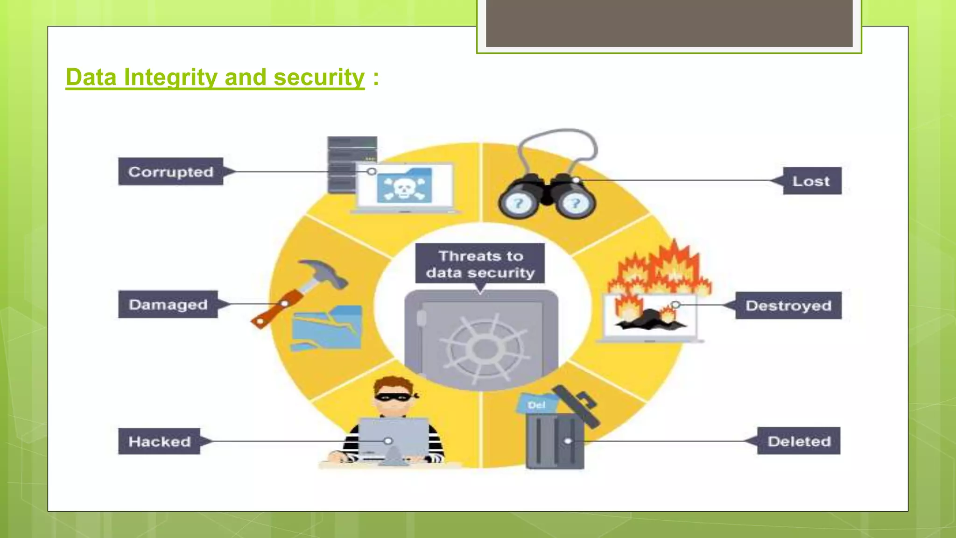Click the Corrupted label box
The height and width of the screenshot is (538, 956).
click(x=170, y=172)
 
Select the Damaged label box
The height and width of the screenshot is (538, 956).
click(x=168, y=304)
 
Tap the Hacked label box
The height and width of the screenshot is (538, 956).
click(x=159, y=441)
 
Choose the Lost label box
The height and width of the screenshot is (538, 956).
click(x=811, y=181)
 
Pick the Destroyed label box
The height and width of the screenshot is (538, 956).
click(x=788, y=305)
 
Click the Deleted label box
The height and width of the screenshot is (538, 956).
click(x=799, y=441)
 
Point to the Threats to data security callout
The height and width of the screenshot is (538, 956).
click(x=480, y=264)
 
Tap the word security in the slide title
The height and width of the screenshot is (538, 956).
click(x=319, y=78)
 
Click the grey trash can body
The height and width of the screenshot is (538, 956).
click(x=555, y=441)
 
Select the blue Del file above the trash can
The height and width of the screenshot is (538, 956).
click(x=537, y=404)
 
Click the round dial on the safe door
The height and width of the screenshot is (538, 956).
click(x=485, y=348)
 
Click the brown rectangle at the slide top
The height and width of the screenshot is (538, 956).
click(x=669, y=23)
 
